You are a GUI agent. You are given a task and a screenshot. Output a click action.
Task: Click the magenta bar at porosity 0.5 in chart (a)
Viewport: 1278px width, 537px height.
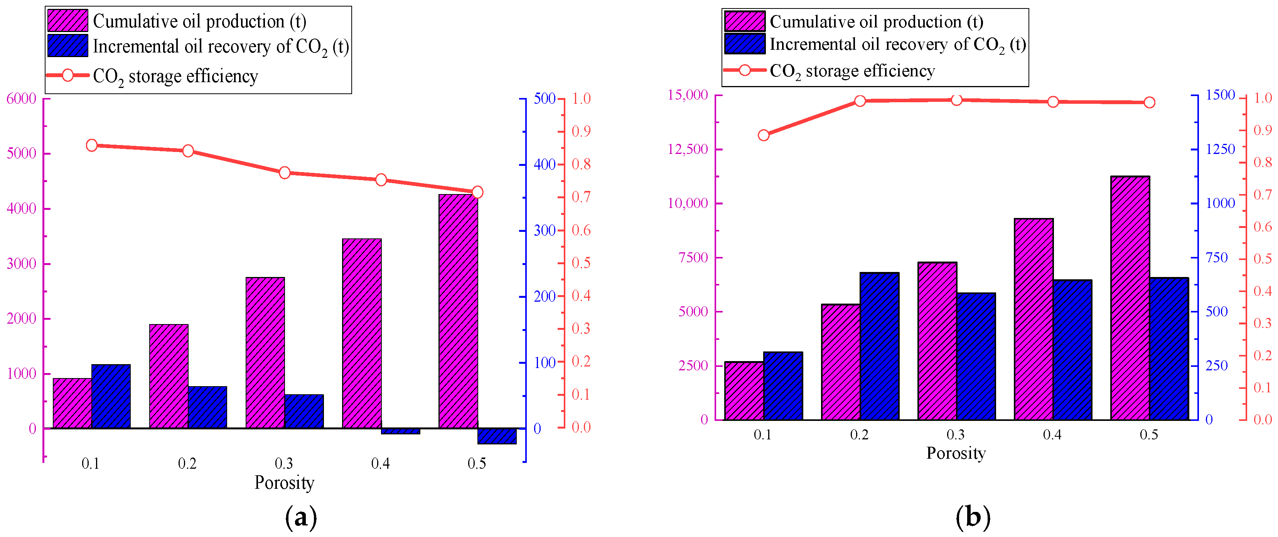tap(459, 311)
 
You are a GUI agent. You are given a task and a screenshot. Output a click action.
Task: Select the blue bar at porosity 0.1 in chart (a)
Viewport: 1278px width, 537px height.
tap(111, 396)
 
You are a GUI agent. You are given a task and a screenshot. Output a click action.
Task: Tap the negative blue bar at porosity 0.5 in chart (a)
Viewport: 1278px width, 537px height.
tap(497, 436)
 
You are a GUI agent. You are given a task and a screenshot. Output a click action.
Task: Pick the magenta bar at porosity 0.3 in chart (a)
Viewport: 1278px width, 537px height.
tap(265, 353)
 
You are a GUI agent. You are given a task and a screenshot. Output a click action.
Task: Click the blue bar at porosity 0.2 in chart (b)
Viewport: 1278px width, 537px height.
tap(880, 346)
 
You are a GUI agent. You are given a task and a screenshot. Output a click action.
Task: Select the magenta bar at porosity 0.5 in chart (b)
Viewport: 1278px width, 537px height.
tap(1130, 298)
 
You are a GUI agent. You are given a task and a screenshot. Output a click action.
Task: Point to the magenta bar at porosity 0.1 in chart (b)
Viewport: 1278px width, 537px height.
tap(744, 390)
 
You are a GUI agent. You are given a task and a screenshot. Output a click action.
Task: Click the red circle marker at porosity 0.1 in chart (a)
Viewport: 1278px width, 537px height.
tap(92, 145)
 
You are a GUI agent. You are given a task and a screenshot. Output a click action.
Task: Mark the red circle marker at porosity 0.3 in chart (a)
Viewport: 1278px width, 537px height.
tap(285, 173)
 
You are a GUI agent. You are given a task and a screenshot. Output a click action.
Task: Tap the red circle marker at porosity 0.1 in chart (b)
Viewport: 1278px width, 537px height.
tap(764, 135)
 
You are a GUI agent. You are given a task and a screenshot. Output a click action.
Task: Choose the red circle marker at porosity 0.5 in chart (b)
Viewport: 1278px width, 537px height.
tap(1150, 103)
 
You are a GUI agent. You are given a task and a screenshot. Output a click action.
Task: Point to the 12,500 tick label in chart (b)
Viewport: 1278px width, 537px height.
tap(688, 149)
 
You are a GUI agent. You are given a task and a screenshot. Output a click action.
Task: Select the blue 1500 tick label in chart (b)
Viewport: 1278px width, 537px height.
tap(1221, 95)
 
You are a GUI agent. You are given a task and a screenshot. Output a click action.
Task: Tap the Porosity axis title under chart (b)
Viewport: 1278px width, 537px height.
tap(956, 453)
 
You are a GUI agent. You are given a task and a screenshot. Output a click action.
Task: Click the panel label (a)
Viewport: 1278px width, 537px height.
tap(301, 518)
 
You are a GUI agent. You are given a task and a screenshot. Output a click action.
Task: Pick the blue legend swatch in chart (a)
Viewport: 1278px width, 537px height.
tap(68, 46)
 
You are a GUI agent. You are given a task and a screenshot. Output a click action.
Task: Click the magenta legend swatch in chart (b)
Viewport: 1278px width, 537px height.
tap(745, 21)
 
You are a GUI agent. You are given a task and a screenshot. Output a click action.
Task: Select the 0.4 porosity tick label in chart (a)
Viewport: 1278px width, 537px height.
tap(381, 464)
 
